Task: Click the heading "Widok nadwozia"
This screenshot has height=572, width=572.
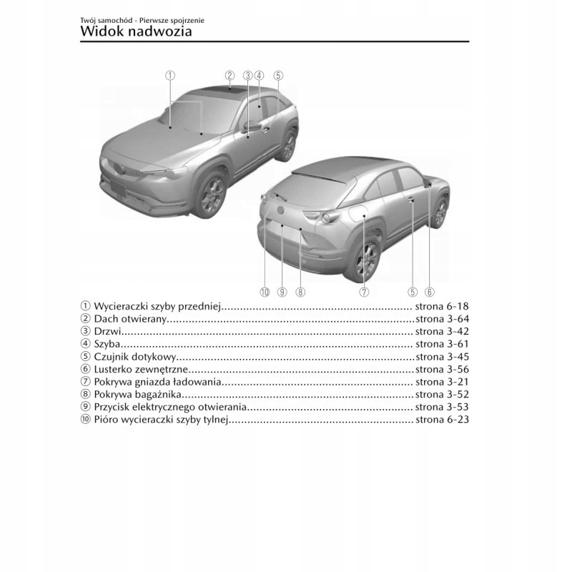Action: pyautogui.click(x=136, y=31)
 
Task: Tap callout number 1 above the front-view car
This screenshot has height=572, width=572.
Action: pyautogui.click(x=170, y=75)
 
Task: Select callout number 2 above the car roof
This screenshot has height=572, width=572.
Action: pyautogui.click(x=230, y=75)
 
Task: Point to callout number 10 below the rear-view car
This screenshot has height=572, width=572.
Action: pyautogui.click(x=264, y=292)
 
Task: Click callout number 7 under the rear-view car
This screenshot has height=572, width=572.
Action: pyautogui.click(x=364, y=292)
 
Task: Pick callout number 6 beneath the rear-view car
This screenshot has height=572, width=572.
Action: pyautogui.click(x=429, y=292)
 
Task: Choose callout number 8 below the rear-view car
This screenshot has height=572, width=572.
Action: pyautogui.click(x=300, y=292)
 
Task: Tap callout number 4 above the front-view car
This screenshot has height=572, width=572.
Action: pyautogui.click(x=259, y=75)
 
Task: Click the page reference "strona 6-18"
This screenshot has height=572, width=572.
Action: pyautogui.click(x=442, y=305)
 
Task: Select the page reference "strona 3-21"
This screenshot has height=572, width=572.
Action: pyautogui.click(x=442, y=382)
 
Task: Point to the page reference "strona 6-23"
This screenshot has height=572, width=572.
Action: pyautogui.click(x=442, y=420)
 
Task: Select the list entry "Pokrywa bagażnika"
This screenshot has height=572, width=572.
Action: pyautogui.click(x=138, y=394)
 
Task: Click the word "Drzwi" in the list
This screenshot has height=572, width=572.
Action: pyautogui.click(x=107, y=331)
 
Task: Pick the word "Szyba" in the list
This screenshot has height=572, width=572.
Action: pyautogui.click(x=107, y=344)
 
